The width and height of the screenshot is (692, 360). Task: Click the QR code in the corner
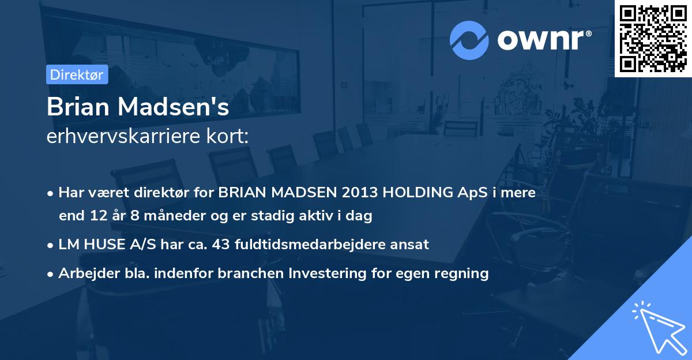(x=653, y=38)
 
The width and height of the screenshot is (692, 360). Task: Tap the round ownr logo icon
(x=469, y=40)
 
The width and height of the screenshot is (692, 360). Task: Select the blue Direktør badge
(x=77, y=74)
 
